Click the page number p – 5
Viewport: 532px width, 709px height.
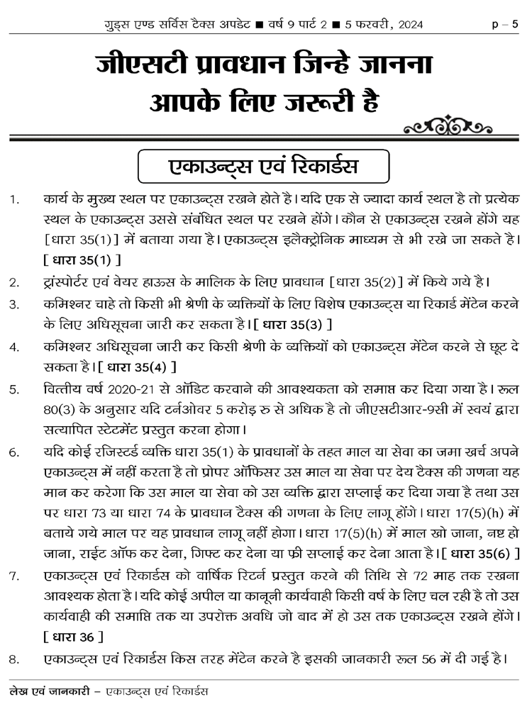(x=505, y=24)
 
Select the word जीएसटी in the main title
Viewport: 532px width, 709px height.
(x=140, y=67)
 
